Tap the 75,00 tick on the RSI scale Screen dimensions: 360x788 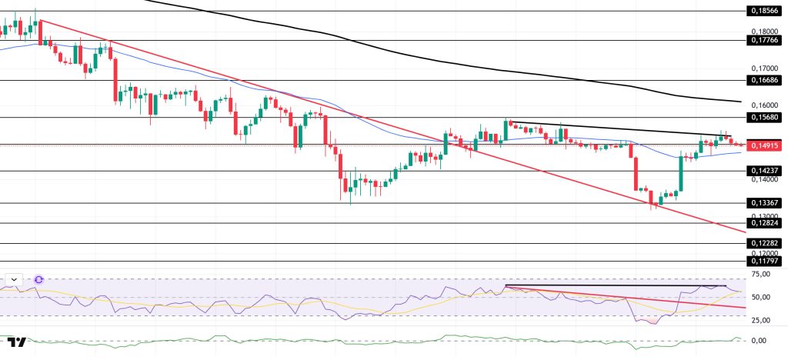[763, 274]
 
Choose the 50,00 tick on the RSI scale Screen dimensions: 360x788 [763, 297]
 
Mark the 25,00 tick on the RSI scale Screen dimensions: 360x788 [763, 320]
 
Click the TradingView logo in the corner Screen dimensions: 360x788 [17, 342]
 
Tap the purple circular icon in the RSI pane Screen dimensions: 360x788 [38, 279]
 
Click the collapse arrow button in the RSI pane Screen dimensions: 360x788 [13, 279]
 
